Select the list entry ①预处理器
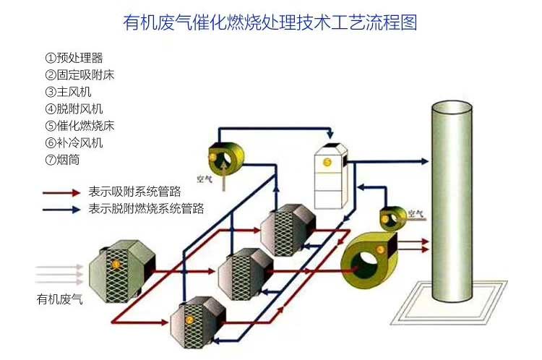click(x=73, y=58)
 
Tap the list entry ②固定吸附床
click(x=79, y=74)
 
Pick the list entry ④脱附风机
click(x=73, y=109)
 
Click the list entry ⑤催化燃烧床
click(x=79, y=126)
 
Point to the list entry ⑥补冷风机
click(x=73, y=142)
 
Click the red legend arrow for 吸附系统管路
click(x=61, y=192)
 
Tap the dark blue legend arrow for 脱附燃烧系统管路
click(x=61, y=210)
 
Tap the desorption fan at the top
click(x=221, y=156)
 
